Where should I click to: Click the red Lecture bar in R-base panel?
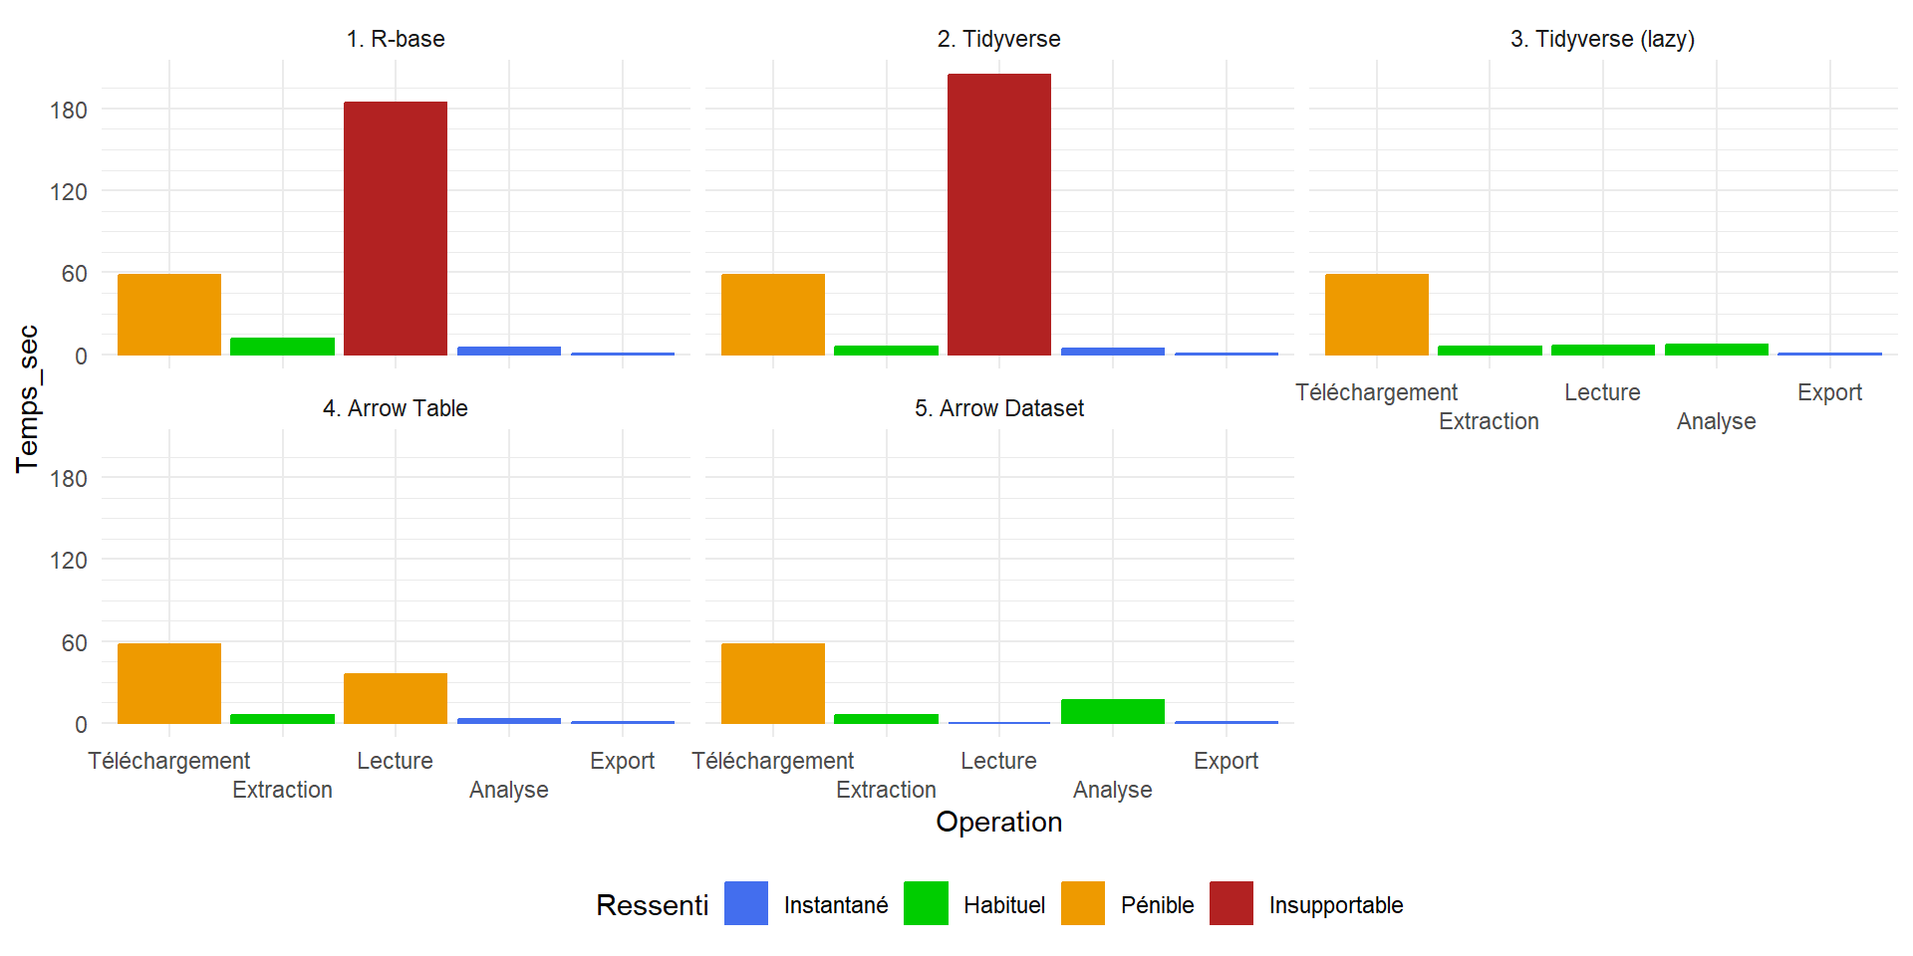point(396,228)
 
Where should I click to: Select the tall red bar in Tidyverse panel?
point(999,214)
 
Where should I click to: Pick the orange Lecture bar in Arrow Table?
point(396,698)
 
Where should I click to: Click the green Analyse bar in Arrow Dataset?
point(1113,711)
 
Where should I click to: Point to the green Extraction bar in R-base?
point(283,347)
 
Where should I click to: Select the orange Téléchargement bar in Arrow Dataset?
point(773,683)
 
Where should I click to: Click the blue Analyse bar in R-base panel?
point(509,351)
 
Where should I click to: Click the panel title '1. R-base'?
point(396,39)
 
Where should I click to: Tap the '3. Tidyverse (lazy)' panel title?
point(1602,39)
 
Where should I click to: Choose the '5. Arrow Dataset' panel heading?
point(999,408)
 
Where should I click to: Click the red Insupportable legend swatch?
point(1231,903)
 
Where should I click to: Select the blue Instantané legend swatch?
point(746,903)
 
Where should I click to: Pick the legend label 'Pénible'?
point(1157,905)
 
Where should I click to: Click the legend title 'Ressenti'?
point(653,905)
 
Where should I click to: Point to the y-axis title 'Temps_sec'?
point(28,398)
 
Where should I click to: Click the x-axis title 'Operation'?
point(999,822)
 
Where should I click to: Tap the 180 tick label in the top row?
point(69,110)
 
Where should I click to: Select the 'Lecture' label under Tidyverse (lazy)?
point(1602,392)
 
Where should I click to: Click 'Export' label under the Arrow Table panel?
point(622,761)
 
